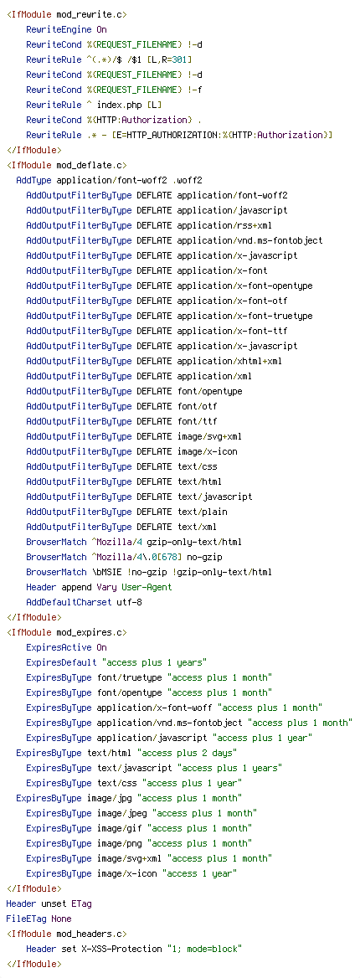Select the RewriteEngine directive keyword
(59, 29)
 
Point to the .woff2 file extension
(188, 180)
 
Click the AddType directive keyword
(33, 180)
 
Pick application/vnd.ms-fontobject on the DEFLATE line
(249, 240)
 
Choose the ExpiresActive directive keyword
(59, 647)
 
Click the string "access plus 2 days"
(188, 753)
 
